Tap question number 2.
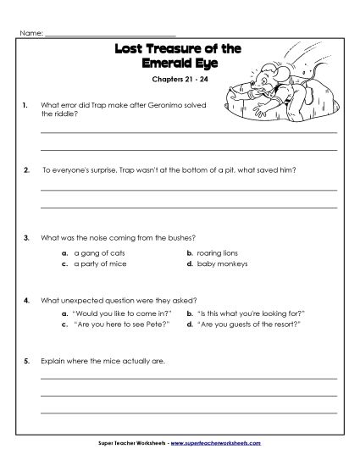click(26, 169)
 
